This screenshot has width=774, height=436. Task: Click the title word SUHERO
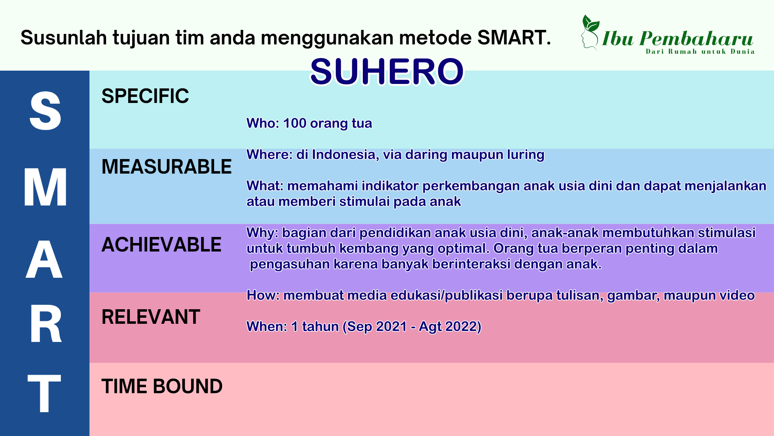(x=387, y=72)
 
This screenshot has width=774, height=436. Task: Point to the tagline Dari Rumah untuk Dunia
(x=700, y=52)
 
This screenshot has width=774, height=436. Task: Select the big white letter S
(x=45, y=111)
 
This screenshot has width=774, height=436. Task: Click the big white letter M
(x=45, y=187)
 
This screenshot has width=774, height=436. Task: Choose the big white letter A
(x=44, y=259)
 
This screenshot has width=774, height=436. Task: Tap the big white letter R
(x=46, y=324)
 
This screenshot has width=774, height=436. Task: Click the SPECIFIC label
(x=145, y=96)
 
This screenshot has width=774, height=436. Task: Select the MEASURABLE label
(x=166, y=167)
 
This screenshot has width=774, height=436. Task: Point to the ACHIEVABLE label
(x=161, y=245)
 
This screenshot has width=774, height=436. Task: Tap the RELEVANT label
(x=151, y=317)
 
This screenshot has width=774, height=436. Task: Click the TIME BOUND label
(x=162, y=386)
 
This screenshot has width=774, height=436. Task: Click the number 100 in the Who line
(x=295, y=123)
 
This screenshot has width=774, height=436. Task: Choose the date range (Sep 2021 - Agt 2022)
(x=412, y=327)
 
